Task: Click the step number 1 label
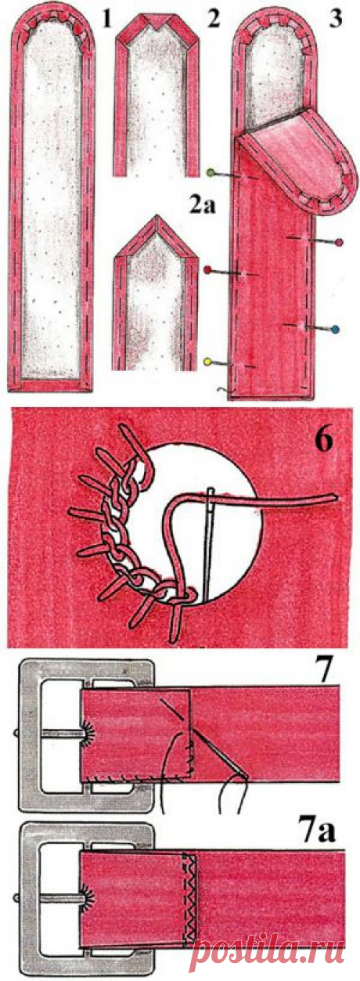click(107, 20)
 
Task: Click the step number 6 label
click(324, 441)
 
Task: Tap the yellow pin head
click(208, 362)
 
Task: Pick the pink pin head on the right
click(339, 242)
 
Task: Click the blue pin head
click(336, 329)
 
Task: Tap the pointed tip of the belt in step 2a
click(155, 216)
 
